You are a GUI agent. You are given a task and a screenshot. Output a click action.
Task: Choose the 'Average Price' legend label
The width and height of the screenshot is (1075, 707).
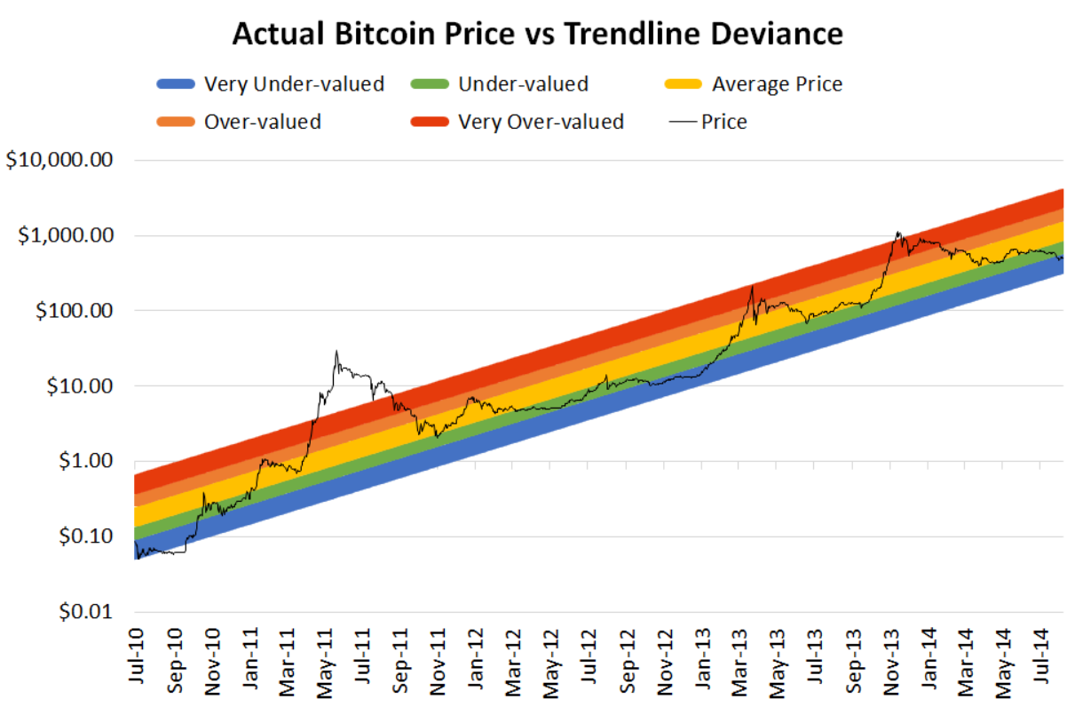click(777, 84)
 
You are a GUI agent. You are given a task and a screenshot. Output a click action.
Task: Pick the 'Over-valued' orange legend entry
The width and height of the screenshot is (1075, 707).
click(262, 121)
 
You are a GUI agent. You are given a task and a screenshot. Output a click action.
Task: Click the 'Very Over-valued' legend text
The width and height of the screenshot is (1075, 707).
click(541, 121)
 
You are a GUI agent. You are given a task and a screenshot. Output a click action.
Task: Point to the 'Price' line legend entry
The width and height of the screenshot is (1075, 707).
click(723, 122)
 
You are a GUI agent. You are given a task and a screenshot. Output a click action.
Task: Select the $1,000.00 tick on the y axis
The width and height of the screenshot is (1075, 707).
click(67, 236)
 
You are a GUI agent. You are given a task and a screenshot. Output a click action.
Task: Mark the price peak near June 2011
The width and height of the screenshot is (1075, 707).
click(336, 351)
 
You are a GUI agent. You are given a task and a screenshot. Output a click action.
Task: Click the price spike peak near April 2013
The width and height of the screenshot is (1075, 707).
click(752, 286)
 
